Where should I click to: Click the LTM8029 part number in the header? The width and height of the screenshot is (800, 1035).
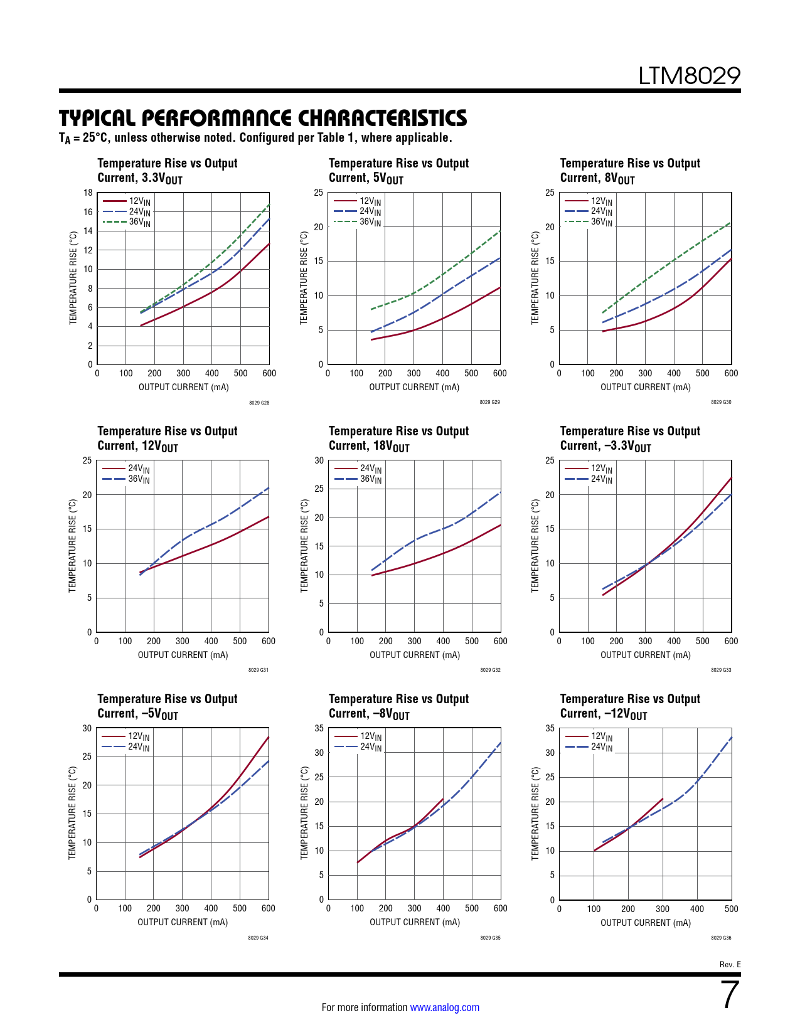689,76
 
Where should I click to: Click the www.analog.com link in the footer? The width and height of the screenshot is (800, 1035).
444,1007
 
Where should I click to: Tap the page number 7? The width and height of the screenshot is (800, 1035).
730,995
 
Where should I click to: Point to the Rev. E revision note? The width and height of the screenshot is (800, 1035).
730,965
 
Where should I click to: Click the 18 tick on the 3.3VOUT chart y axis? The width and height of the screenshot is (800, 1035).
88,193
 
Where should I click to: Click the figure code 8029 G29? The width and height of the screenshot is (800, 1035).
489,402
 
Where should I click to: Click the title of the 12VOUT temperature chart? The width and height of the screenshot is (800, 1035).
167,438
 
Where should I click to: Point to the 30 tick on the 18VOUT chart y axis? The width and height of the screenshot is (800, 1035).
319,460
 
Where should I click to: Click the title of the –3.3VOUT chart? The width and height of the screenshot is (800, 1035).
630,438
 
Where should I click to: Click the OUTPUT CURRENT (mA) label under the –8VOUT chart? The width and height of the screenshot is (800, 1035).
414,922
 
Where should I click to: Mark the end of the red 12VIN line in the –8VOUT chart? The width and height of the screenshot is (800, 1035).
443,799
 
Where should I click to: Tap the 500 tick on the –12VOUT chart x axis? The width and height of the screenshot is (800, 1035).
731,909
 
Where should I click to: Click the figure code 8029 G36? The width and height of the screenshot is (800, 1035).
721,938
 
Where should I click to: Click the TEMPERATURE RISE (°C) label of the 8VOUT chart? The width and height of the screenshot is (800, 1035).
535,278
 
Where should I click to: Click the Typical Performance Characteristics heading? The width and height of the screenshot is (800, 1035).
263,118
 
